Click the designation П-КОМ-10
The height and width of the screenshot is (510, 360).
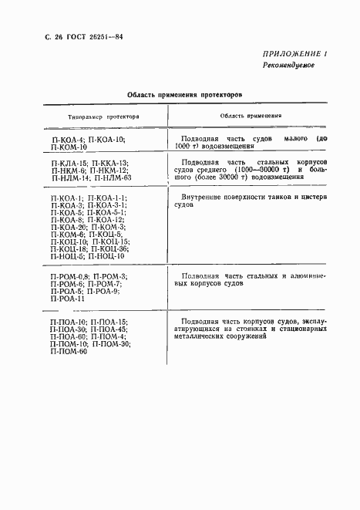click(x=68, y=146)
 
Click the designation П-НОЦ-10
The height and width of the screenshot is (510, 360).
click(x=113, y=256)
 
